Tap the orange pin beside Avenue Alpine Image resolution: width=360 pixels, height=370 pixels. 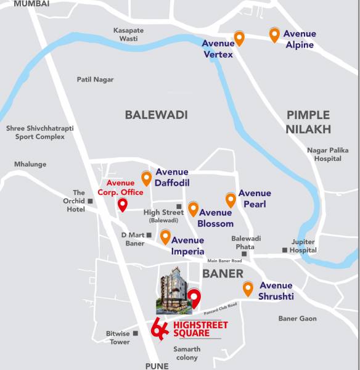tap(274, 35)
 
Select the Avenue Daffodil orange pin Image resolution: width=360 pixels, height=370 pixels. tap(146, 178)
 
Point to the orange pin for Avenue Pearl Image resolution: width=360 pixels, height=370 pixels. tap(231, 200)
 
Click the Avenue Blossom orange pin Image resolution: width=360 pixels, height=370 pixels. tap(193, 209)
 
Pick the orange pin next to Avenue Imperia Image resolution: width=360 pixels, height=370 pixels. tap(165, 236)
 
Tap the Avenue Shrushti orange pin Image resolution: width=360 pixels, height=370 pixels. tap(248, 288)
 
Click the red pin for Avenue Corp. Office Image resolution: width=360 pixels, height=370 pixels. tap(123, 205)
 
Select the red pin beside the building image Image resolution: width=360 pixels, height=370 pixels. tap(195, 298)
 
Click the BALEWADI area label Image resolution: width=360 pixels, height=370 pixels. tap(156, 115)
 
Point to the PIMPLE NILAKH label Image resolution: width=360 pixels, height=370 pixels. tap(308, 121)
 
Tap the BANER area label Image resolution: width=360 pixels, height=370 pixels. tap(223, 273)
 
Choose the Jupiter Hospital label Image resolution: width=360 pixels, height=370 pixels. tap(303, 246)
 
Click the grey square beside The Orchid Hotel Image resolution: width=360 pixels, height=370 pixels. tap(90, 201)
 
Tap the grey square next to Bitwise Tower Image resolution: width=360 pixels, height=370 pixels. tap(136, 333)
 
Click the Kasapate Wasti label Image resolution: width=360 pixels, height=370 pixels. tap(129, 34)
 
